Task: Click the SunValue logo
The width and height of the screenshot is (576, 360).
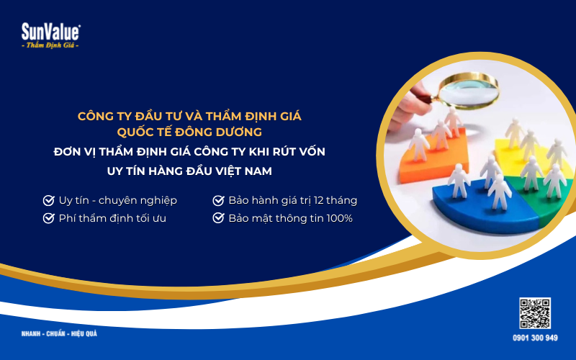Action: (50, 32)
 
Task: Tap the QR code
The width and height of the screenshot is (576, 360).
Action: (535, 313)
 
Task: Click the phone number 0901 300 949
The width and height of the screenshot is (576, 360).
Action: (535, 338)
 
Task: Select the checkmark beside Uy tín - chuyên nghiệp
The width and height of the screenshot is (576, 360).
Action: (49, 200)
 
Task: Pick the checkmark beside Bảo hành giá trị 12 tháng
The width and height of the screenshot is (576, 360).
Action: (218, 200)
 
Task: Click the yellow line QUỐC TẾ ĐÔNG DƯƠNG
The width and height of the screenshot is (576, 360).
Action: (189, 132)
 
